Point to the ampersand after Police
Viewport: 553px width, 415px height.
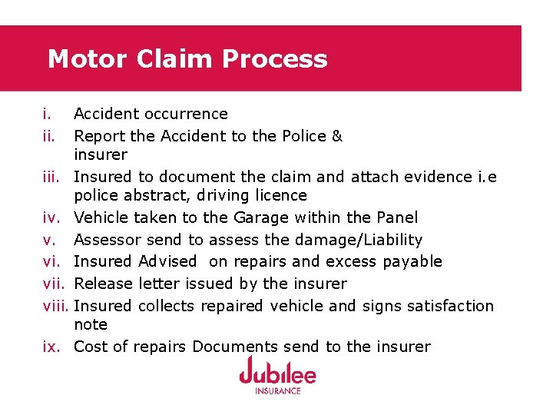pyautogui.click(x=336, y=136)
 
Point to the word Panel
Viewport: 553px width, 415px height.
pyautogui.click(x=397, y=217)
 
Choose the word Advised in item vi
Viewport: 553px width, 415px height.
pyautogui.click(x=167, y=261)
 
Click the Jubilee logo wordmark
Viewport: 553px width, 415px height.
pyautogui.click(x=276, y=373)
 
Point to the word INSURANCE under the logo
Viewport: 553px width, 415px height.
pyautogui.click(x=276, y=390)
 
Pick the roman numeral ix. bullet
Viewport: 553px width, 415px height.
pyautogui.click(x=51, y=347)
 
